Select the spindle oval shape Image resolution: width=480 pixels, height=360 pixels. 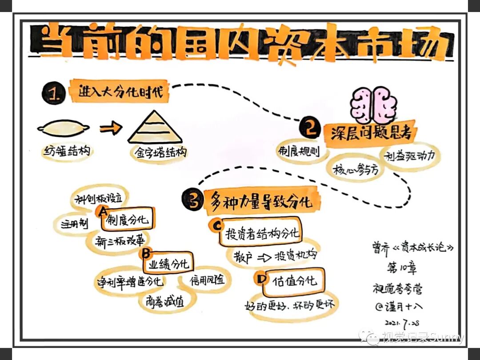click(64, 129)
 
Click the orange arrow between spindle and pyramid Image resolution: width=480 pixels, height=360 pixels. click(111, 128)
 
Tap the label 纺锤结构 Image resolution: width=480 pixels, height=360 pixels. click(67, 151)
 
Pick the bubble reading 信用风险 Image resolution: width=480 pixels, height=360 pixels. click(207, 281)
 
